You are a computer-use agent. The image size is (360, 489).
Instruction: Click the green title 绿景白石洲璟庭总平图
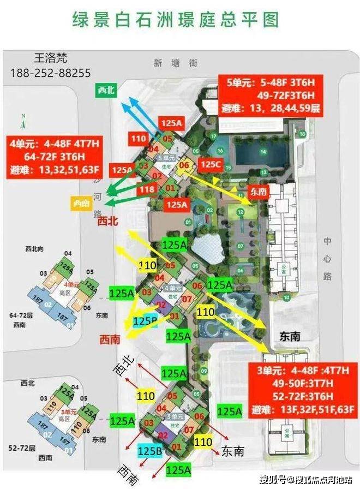tap(176, 20)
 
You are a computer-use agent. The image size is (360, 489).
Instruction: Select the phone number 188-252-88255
tap(51, 73)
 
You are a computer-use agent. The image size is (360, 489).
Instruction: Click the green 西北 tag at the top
tap(105, 91)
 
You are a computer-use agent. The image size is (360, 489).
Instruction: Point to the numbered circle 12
tap(239, 211)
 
